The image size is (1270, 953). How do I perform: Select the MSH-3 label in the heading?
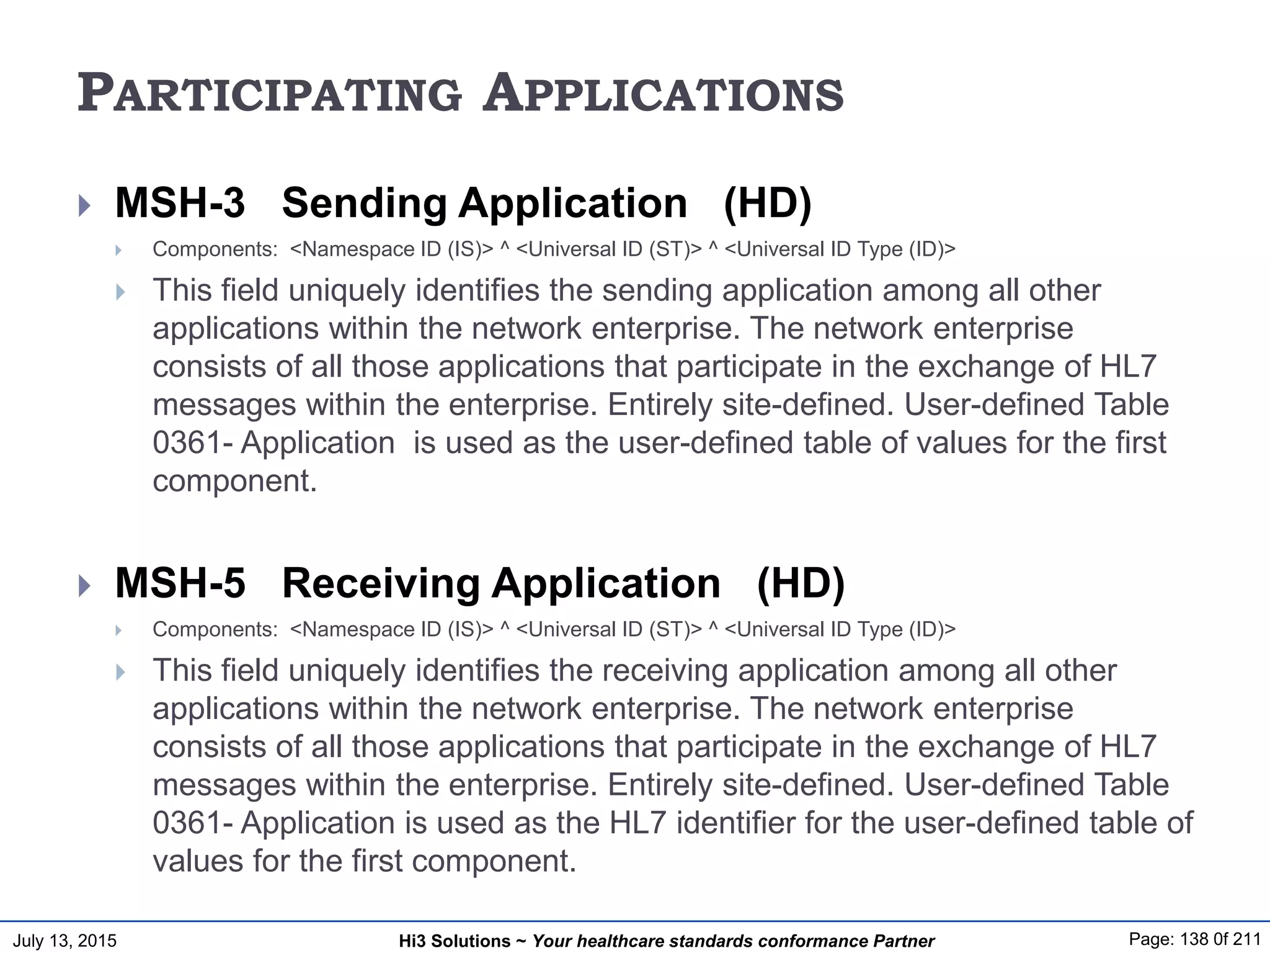[x=180, y=203]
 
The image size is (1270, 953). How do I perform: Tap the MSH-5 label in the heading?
[x=180, y=583]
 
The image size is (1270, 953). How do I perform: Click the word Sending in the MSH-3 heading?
[x=364, y=203]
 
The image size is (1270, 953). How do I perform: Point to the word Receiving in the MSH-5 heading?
[x=381, y=583]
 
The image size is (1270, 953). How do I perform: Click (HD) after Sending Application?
[x=767, y=203]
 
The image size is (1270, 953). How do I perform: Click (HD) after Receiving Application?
[x=801, y=583]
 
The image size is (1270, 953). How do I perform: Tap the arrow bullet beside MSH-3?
[x=85, y=205]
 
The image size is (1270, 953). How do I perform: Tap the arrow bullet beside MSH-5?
[x=85, y=586]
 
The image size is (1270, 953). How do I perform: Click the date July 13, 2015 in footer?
[x=64, y=941]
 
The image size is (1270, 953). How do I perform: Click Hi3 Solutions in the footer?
[x=455, y=941]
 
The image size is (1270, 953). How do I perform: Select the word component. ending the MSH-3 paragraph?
[x=234, y=481]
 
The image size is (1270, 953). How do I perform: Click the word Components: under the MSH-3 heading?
[x=215, y=249]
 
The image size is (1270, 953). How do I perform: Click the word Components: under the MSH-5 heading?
[x=215, y=630]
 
